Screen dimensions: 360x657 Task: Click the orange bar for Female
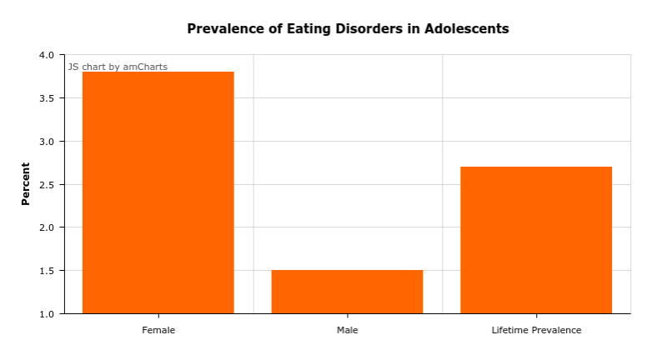pyautogui.click(x=158, y=192)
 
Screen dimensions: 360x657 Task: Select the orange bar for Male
pyautogui.click(x=347, y=292)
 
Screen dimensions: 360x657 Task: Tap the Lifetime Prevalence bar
pyautogui.click(x=536, y=240)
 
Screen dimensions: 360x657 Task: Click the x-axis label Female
pyautogui.click(x=158, y=330)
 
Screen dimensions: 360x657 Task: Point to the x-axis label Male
pyautogui.click(x=347, y=330)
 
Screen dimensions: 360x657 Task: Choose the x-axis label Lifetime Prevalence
pyautogui.click(x=536, y=330)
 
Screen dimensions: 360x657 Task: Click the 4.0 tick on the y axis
pyautogui.click(x=46, y=55)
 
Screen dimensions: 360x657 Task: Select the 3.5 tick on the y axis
pyautogui.click(x=46, y=98)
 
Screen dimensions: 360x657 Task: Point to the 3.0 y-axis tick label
pyautogui.click(x=46, y=142)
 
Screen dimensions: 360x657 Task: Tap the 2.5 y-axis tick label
pyautogui.click(x=46, y=184)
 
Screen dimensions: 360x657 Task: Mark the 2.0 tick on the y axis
pyautogui.click(x=46, y=227)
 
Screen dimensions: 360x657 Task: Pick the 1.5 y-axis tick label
pyautogui.click(x=46, y=271)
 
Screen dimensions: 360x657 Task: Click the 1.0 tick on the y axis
pyautogui.click(x=46, y=314)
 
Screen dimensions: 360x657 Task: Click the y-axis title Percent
pyautogui.click(x=25, y=183)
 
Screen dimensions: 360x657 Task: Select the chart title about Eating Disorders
pyautogui.click(x=348, y=28)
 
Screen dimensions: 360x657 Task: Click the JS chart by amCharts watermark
pyautogui.click(x=118, y=67)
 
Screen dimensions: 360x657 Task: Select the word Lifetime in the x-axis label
pyautogui.click(x=509, y=330)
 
